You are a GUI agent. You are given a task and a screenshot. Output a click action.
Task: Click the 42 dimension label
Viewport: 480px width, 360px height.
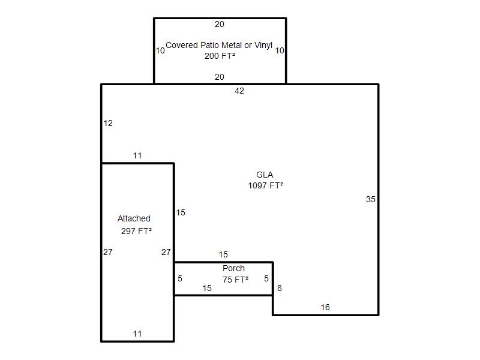pos(239,91)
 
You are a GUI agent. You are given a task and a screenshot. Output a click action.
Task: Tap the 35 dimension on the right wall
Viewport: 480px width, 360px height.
pos(370,199)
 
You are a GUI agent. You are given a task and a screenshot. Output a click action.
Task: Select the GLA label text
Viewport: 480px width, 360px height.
pos(265,175)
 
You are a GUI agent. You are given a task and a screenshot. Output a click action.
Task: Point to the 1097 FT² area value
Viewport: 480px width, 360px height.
pos(265,185)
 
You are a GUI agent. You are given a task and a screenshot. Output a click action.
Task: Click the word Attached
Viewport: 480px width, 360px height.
pos(134,218)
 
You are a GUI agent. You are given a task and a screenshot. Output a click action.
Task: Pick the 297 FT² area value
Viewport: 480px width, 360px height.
pos(136,231)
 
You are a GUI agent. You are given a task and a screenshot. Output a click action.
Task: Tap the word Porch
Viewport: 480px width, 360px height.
pos(233,268)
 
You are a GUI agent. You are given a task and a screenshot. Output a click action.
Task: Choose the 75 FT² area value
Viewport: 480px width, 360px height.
pos(235,280)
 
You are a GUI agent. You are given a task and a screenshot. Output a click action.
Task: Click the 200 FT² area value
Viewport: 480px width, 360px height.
pos(220,56)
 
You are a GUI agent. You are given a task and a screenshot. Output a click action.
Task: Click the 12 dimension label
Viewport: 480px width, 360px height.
pos(108,123)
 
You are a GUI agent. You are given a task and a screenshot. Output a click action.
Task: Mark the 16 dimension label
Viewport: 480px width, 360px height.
pos(325,307)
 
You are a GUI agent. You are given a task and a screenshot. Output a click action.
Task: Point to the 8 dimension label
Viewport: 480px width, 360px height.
pos(280,288)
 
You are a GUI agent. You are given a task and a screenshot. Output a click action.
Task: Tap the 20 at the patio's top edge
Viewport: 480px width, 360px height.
pos(220,24)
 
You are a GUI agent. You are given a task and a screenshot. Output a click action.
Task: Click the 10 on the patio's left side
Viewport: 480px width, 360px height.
pos(160,50)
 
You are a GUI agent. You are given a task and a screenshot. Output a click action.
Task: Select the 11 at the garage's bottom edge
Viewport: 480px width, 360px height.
pos(137,334)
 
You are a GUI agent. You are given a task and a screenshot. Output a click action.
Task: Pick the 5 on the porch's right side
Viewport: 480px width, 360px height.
pos(266,278)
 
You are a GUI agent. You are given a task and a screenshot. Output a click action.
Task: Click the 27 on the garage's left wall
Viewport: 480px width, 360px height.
pos(108,252)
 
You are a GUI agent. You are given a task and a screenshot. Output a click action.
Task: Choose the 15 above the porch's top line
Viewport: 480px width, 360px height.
pos(223,254)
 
